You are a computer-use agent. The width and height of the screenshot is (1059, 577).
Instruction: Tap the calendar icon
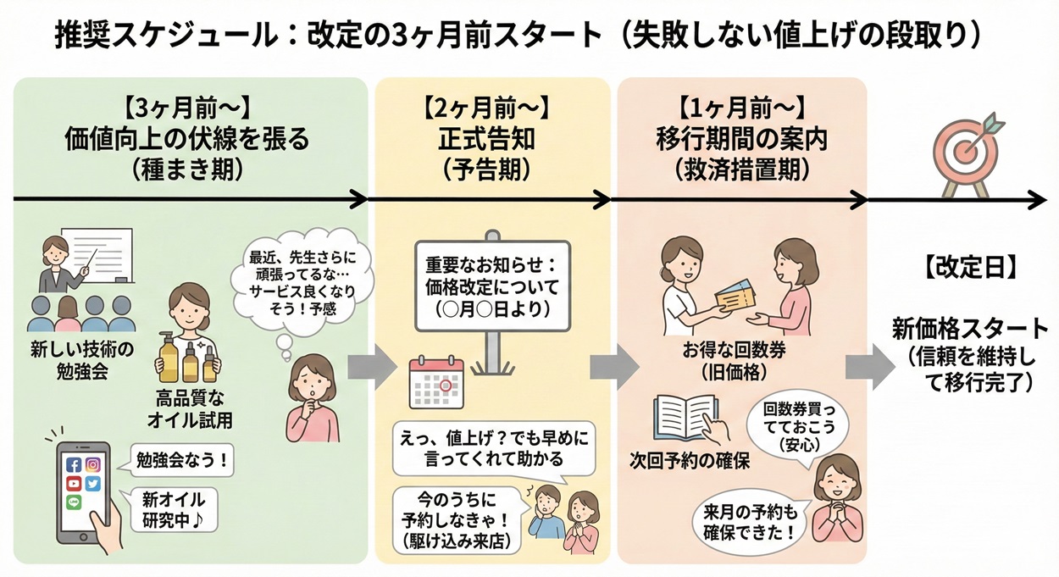[x=435, y=380]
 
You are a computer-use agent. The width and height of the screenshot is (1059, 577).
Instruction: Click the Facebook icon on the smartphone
[x=73, y=465]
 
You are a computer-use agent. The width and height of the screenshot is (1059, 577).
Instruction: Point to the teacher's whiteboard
[x=106, y=253]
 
